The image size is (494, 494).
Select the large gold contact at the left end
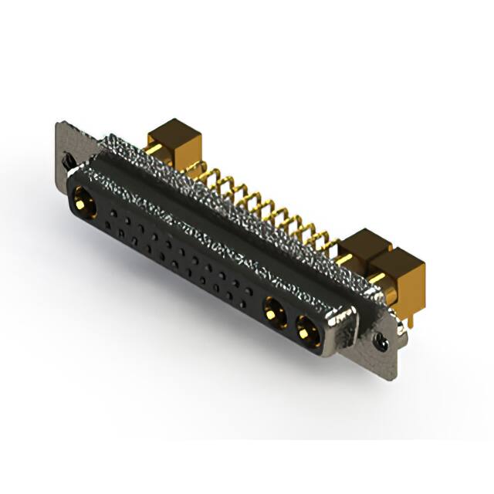[83, 205]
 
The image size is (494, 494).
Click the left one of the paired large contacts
[272, 312]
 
